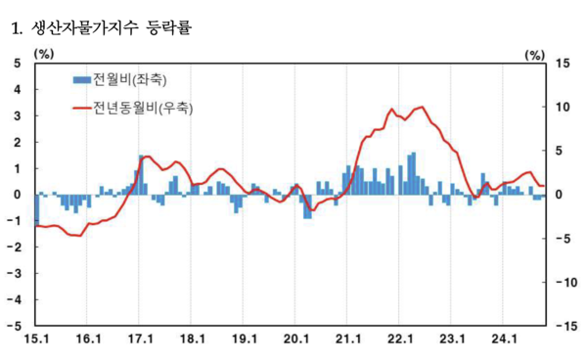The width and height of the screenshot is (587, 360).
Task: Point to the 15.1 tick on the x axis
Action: click(x=35, y=339)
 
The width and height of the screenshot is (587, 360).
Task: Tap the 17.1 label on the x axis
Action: click(x=140, y=339)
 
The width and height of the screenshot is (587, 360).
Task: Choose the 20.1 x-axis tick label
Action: click(x=295, y=339)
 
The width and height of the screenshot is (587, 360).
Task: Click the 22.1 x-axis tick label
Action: click(x=399, y=339)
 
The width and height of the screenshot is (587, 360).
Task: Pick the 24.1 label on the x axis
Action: click(x=503, y=339)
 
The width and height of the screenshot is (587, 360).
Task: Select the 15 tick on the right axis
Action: click(x=562, y=64)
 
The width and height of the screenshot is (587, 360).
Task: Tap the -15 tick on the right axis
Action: click(x=560, y=324)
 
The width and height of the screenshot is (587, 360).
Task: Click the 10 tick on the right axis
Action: click(x=562, y=107)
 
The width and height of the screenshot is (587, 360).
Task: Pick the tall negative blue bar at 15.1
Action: click(x=36, y=209)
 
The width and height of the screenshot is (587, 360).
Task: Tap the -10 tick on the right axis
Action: click(x=560, y=281)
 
